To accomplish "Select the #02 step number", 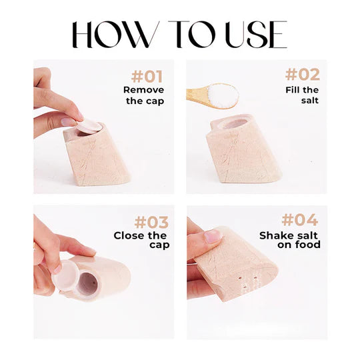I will [302, 75].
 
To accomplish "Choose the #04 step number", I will [303, 220].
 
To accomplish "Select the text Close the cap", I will [141, 240].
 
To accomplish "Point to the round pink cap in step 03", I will [66, 273].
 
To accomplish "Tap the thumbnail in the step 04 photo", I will [212, 235].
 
